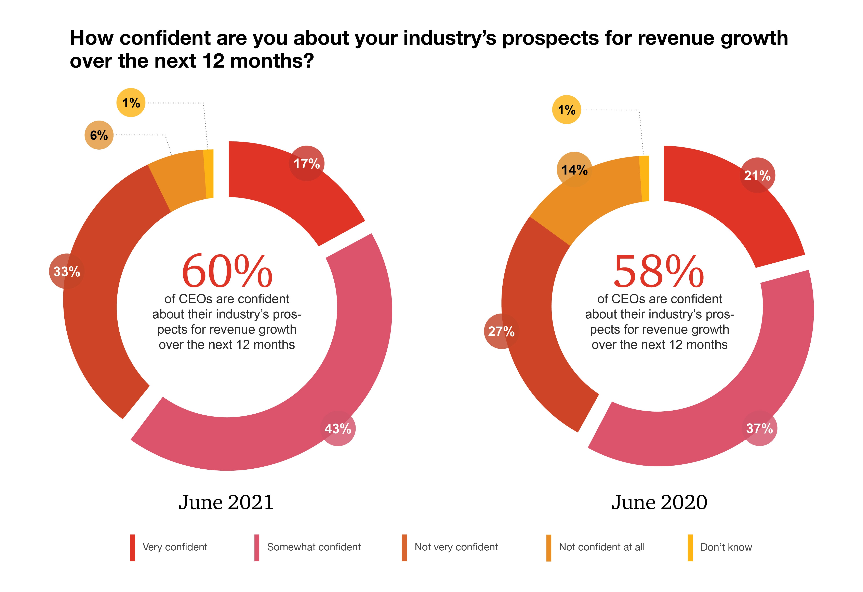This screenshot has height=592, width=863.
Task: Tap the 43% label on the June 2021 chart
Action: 337,429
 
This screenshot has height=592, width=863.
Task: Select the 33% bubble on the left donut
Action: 67,271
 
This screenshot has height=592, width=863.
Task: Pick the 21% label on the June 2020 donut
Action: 757,175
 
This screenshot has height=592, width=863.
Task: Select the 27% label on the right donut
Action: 501,331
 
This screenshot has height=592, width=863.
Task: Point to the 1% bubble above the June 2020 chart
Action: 567,110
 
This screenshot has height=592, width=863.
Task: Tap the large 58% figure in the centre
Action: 659,271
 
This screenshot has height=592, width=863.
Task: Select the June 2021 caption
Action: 226,502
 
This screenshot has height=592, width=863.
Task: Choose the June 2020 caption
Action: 659,502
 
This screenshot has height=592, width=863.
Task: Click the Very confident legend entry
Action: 175,547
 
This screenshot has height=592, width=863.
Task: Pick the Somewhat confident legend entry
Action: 314,547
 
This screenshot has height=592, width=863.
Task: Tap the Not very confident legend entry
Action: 456,547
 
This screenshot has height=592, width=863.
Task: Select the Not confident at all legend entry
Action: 602,547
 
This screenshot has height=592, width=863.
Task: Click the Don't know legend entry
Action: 726,547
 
